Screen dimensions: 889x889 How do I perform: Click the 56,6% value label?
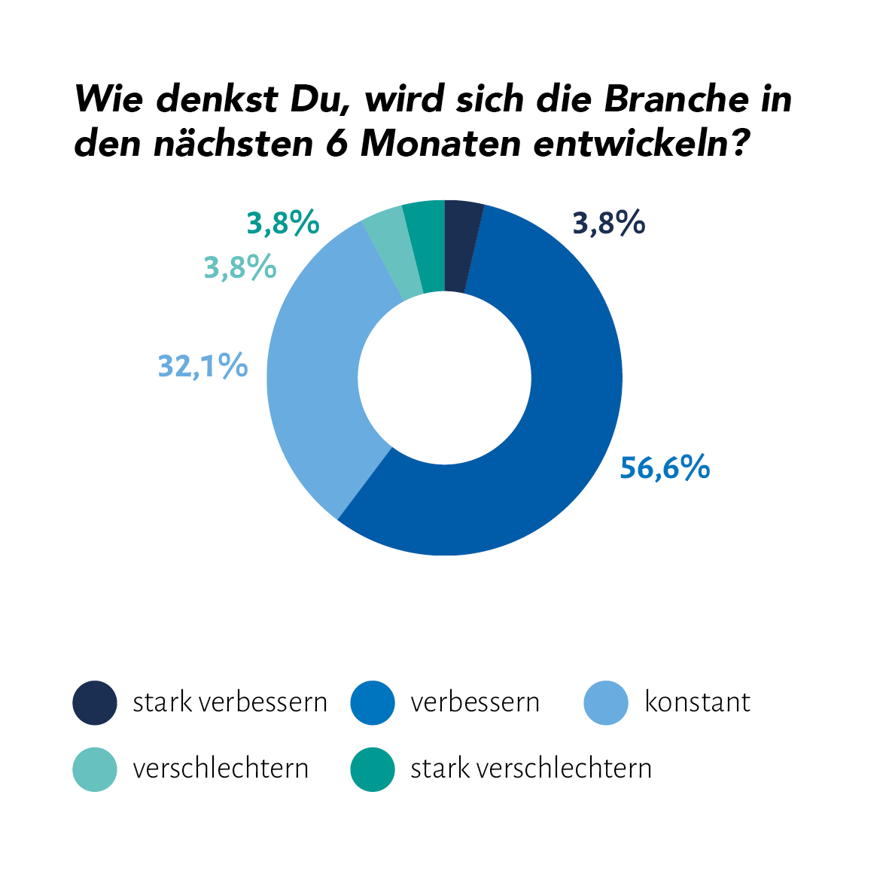pos(665,467)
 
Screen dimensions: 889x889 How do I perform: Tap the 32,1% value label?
pos(202,366)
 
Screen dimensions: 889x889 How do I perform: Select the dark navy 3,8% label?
pos(608,224)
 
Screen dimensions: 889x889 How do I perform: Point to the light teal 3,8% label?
pos(239,267)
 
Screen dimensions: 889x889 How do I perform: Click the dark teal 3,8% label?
pos(283,224)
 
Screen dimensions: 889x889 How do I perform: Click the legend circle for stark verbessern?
pos(95,702)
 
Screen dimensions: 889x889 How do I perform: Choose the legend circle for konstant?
pos(606,702)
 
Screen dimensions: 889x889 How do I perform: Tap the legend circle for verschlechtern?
pos(95,769)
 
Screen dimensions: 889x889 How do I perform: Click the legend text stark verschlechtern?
pos(531,769)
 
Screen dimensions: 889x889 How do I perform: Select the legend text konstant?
pos(697,702)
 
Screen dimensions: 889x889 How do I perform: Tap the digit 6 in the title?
pos(336,143)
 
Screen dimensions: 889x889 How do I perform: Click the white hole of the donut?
pos(444,378)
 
